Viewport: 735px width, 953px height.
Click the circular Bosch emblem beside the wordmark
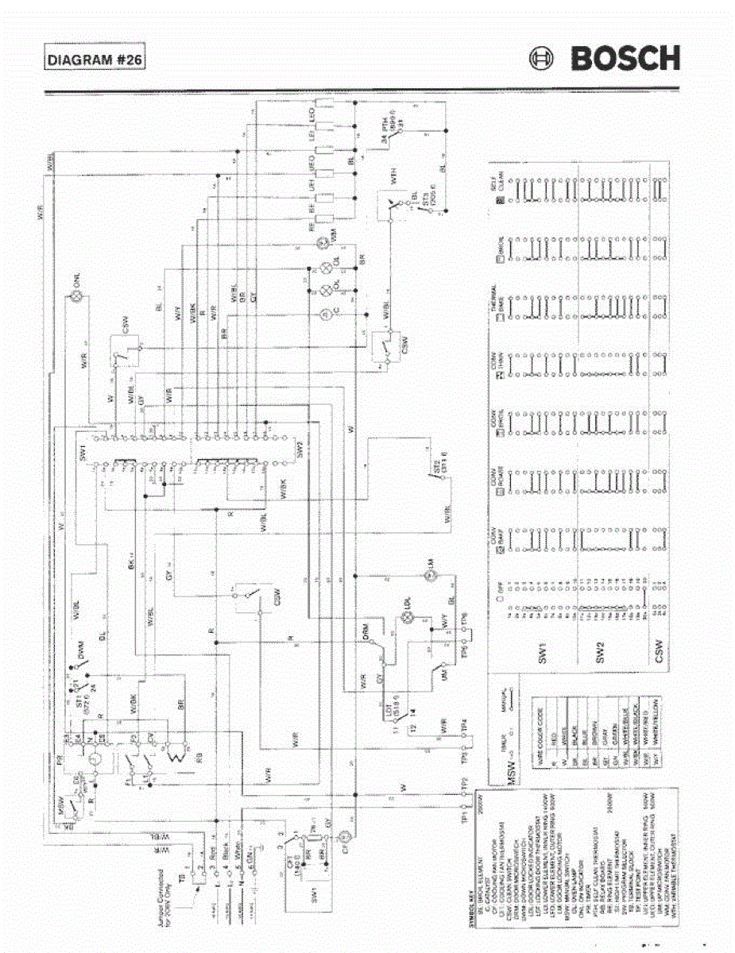pos(542,59)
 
